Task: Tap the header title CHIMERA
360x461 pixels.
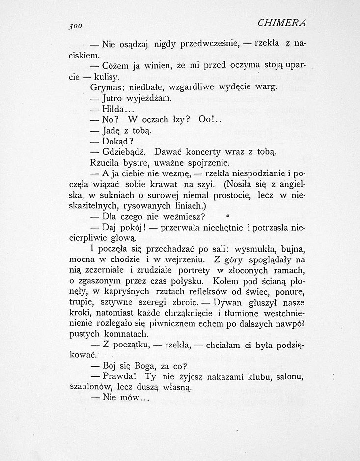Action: [281, 23]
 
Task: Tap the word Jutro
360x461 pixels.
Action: [113, 98]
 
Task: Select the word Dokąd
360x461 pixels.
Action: [117, 142]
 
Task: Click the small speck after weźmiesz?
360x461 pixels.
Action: [228, 215]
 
